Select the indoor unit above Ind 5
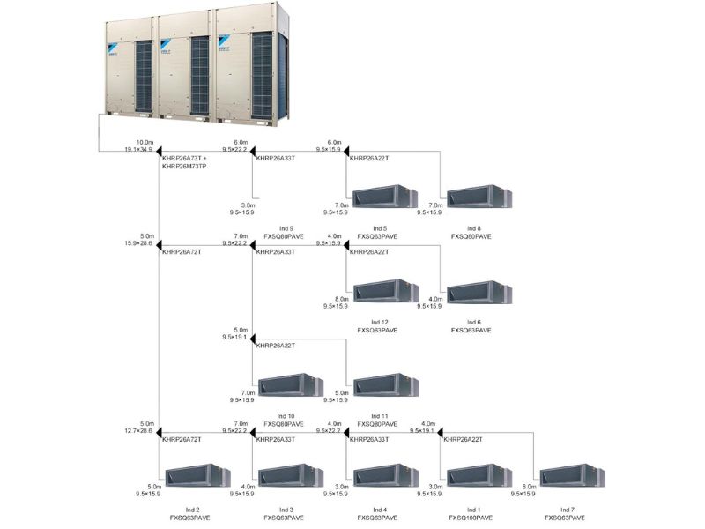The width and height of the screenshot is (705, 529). (x=384, y=197)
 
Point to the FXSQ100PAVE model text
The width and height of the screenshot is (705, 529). (x=471, y=518)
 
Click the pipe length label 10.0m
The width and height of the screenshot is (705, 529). (x=145, y=142)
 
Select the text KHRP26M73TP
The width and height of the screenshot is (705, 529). (x=184, y=167)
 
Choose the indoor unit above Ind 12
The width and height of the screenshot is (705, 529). (x=384, y=291)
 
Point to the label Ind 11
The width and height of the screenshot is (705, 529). (x=380, y=415)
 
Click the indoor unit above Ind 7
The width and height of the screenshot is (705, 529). (x=572, y=477)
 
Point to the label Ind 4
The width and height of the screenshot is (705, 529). (x=380, y=510)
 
